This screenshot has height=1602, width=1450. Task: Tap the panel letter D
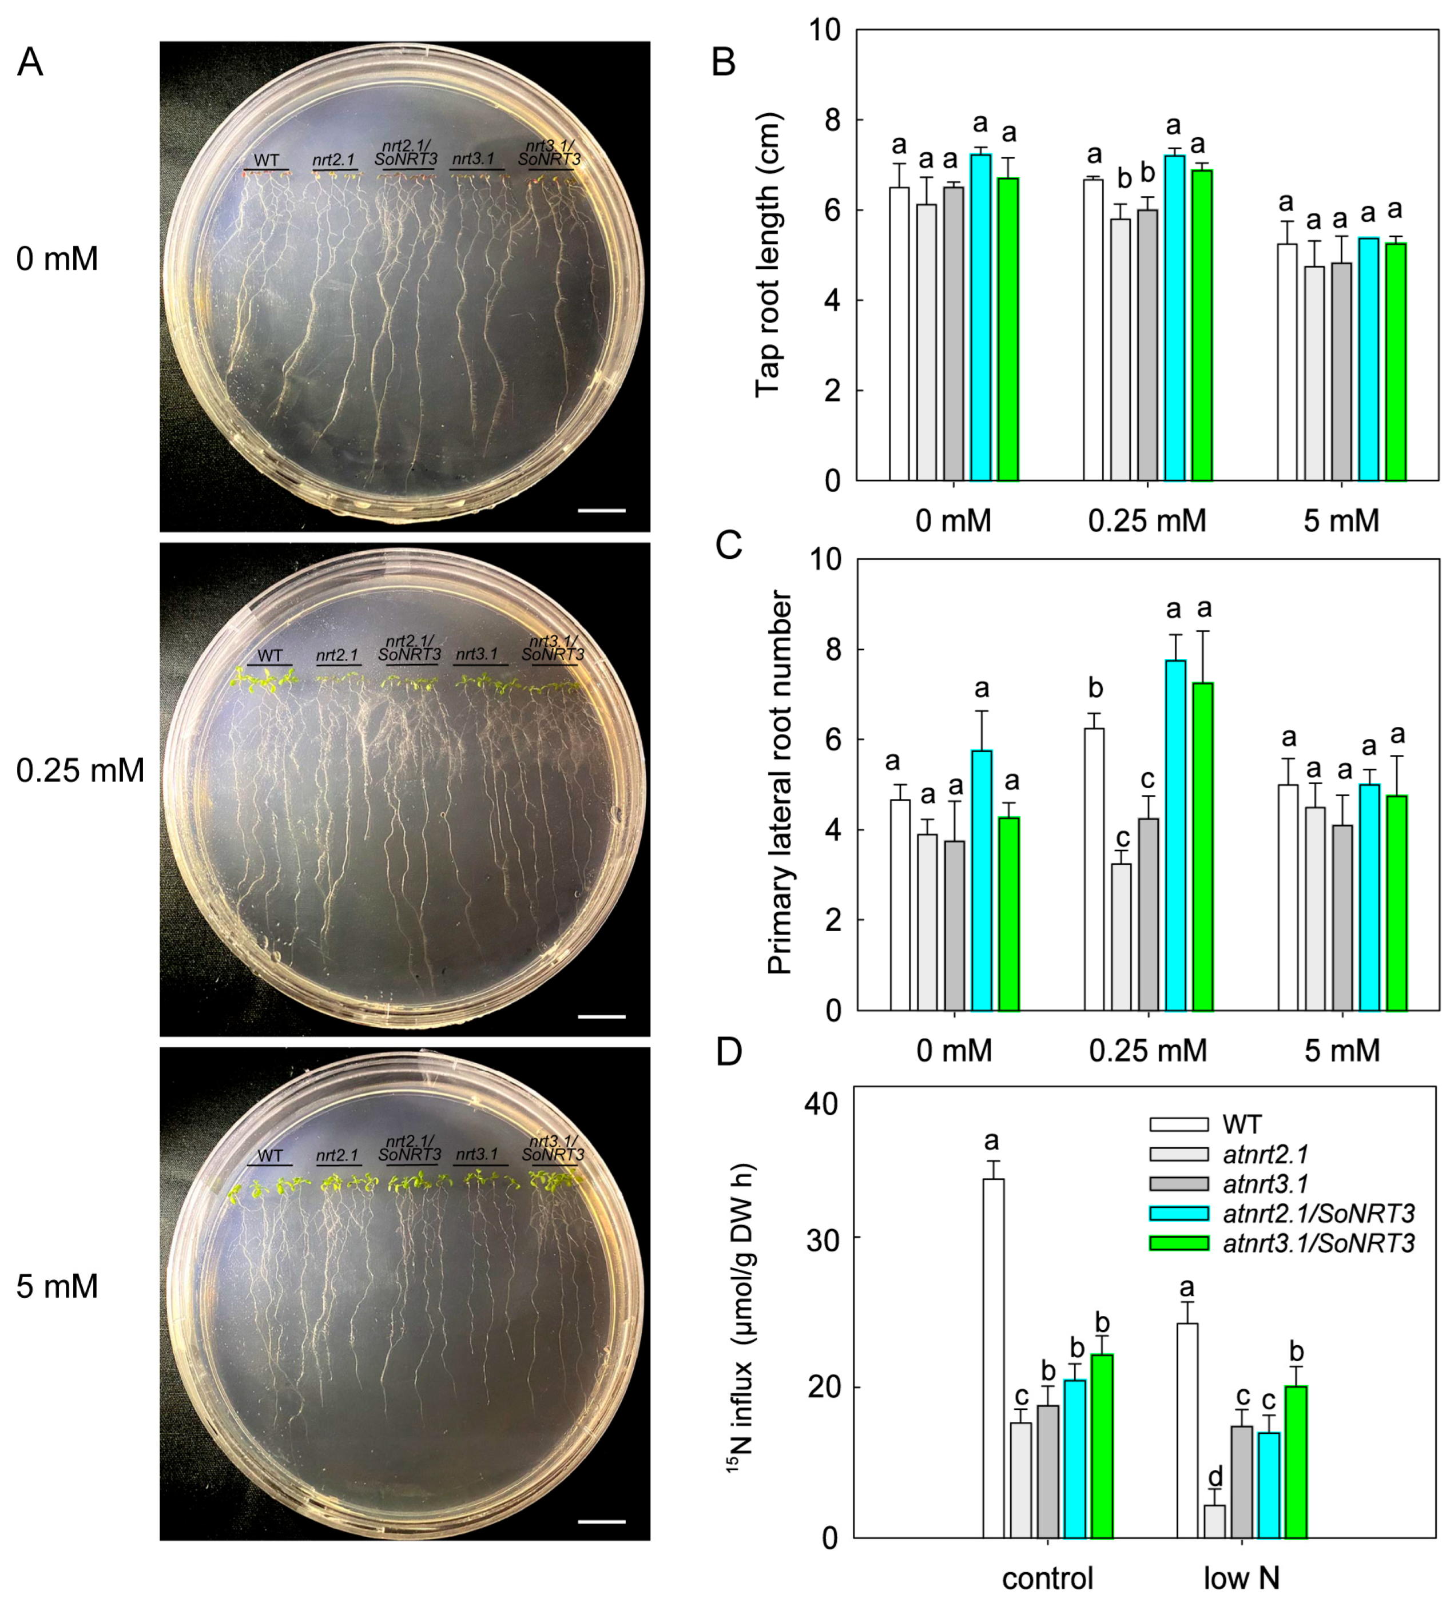click(729, 1051)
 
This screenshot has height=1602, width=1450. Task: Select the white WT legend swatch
click(1179, 1124)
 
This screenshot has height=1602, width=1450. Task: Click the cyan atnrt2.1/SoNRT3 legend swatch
click(1179, 1214)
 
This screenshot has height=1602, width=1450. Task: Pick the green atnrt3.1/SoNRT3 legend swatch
click(1179, 1243)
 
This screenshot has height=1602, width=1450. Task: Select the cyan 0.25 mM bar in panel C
click(1175, 834)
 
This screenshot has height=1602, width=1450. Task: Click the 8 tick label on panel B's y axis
click(825, 120)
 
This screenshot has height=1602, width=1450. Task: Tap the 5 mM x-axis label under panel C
click(1342, 1051)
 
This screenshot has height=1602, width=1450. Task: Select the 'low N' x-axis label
click(1242, 1577)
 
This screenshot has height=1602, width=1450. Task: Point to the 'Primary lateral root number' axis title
click(780, 783)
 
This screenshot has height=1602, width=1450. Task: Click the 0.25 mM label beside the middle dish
click(80, 770)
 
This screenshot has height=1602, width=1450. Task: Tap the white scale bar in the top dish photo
click(602, 510)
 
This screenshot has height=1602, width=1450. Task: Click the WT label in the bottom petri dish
click(270, 1155)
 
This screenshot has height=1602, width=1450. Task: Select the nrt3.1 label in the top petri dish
click(474, 160)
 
